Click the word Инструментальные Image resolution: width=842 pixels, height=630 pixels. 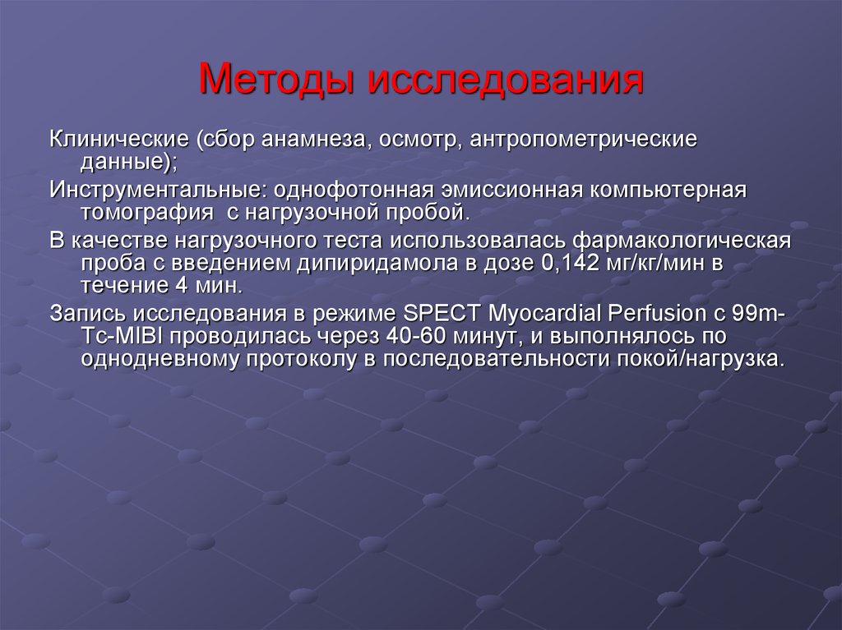coord(155,190)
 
